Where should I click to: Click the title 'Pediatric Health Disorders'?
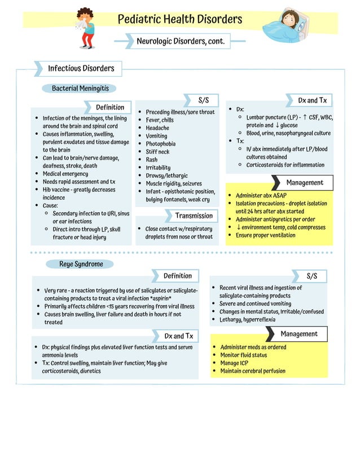179,20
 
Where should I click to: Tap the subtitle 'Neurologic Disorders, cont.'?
180,41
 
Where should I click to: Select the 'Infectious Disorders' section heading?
81,69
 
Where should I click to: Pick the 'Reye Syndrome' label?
81,264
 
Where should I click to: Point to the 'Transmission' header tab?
194,216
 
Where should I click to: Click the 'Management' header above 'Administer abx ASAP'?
304,183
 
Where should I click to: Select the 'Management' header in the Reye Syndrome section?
298,334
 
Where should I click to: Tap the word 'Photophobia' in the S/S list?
160,144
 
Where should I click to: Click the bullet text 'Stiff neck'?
157,152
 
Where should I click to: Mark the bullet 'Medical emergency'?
65,174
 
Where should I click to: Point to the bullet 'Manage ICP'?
234,363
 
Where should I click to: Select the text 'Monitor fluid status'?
243,355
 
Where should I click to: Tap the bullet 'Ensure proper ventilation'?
265,235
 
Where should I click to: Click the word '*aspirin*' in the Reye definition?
161,298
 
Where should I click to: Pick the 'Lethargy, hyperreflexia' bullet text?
247,319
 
